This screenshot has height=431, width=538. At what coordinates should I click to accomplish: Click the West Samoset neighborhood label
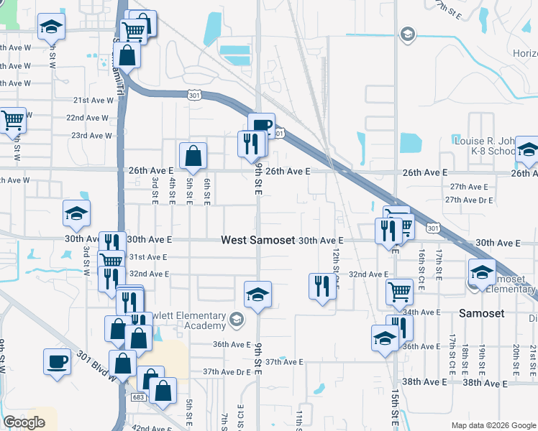coord(257,240)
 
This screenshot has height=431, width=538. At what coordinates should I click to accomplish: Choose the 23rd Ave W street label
coord(91,135)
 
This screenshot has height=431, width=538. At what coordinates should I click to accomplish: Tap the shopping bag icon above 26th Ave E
coord(193,155)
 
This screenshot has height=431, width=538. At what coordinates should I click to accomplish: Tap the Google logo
coord(24,422)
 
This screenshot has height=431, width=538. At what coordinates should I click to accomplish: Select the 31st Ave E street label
coord(147,256)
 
